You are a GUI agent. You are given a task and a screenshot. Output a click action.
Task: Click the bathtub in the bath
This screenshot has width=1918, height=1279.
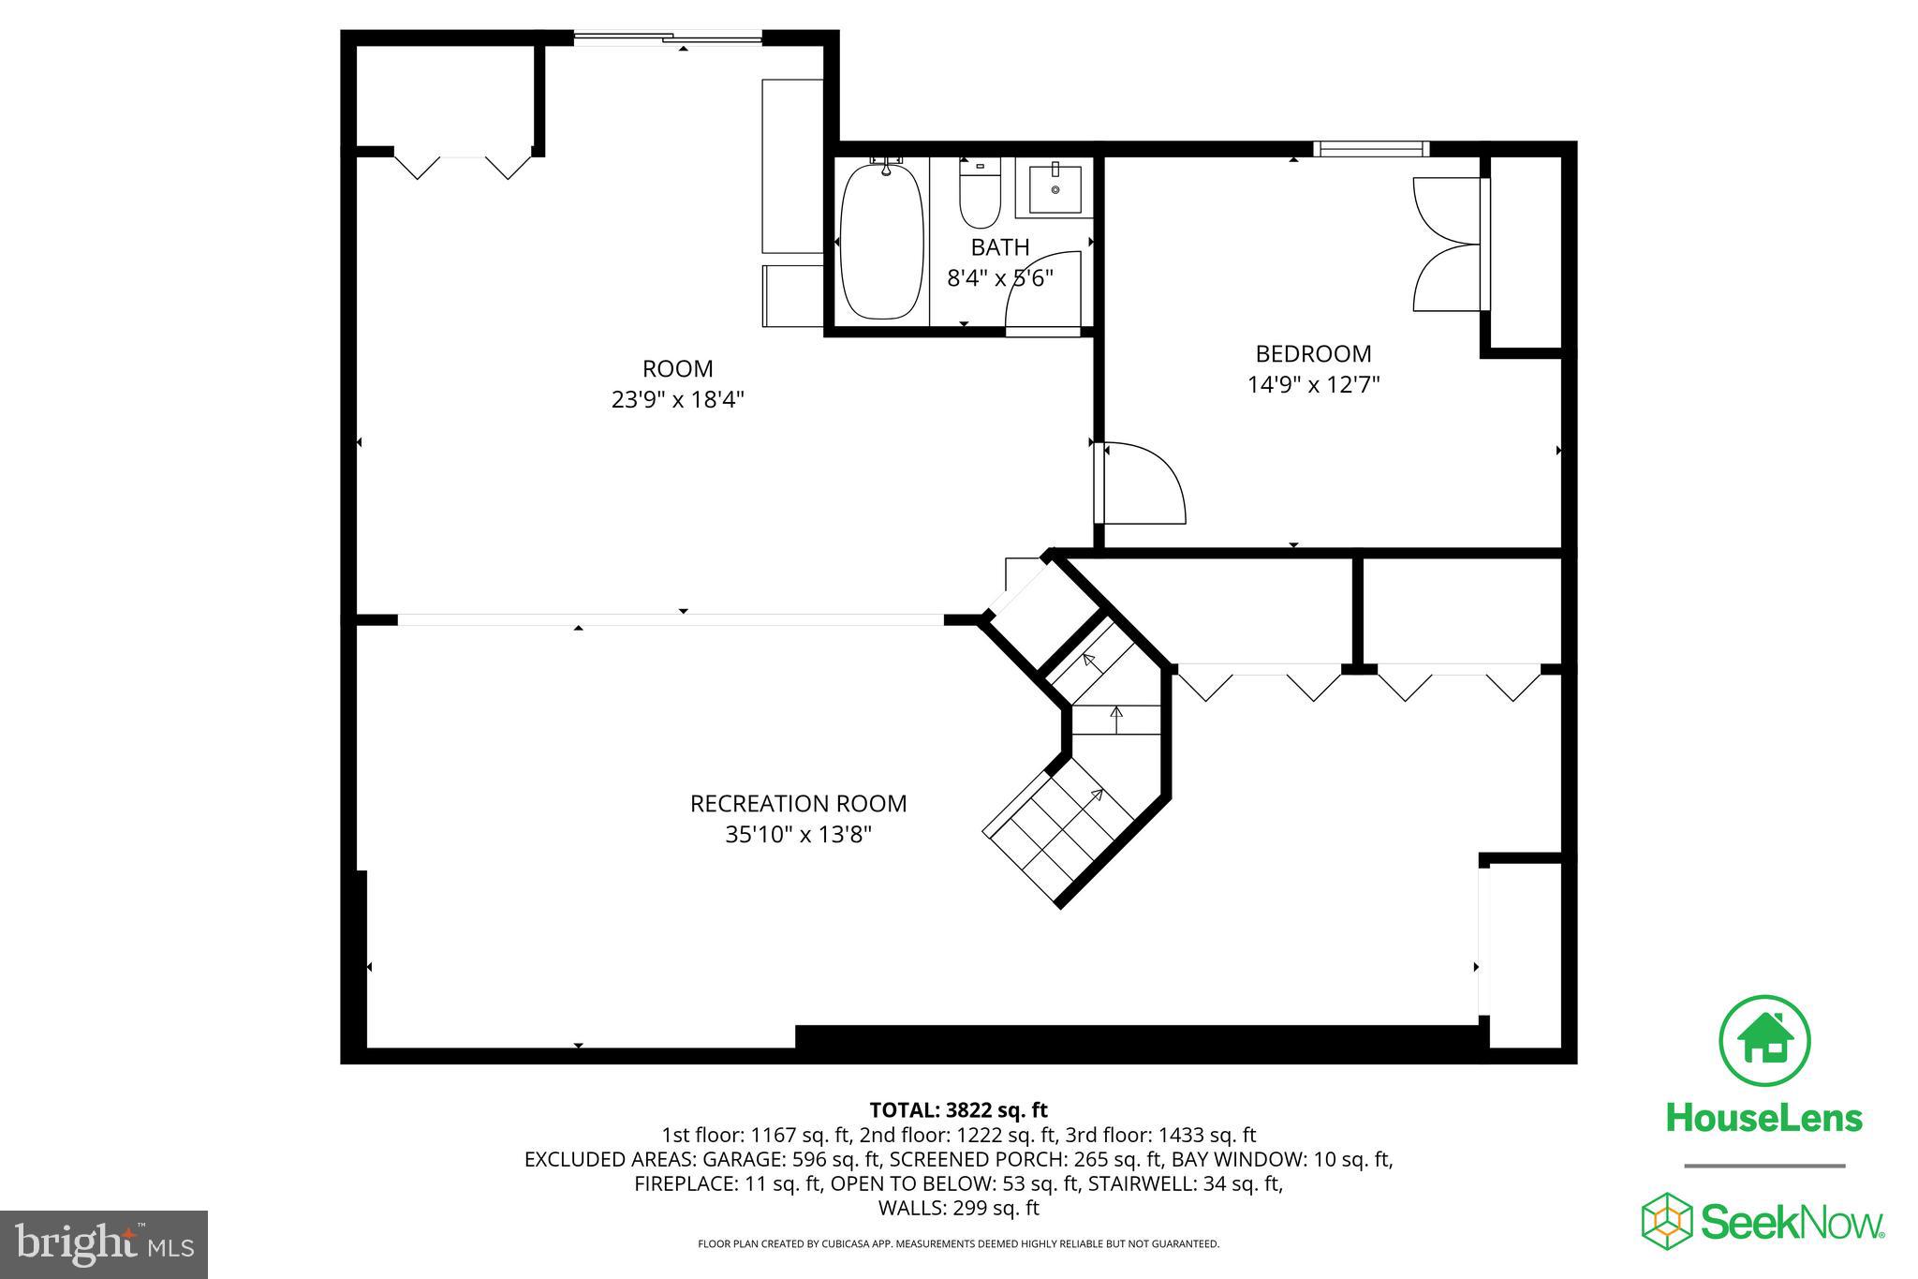(879, 242)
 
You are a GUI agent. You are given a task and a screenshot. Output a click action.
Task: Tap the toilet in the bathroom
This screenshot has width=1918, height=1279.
(980, 195)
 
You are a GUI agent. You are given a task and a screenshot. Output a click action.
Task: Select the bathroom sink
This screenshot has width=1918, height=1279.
(1055, 190)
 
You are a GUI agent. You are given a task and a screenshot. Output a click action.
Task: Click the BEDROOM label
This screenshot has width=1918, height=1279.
(1313, 354)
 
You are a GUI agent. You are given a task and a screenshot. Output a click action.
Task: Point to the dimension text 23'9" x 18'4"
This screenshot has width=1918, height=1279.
(677, 400)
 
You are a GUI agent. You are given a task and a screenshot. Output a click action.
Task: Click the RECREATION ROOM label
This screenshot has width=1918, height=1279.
(798, 804)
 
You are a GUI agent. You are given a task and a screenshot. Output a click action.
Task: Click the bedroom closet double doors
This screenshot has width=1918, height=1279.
(1447, 244)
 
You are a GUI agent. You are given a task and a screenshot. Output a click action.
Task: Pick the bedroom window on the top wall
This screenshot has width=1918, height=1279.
(1370, 148)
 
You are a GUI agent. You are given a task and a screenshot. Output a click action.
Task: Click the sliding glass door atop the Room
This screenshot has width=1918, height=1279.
(668, 38)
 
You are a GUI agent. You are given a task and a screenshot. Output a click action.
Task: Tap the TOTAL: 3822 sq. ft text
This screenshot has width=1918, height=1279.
(958, 1110)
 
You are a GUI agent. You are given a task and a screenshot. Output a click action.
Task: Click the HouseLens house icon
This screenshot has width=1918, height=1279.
(1764, 1041)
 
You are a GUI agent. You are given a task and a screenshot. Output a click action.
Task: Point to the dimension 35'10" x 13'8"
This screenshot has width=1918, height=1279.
(798, 835)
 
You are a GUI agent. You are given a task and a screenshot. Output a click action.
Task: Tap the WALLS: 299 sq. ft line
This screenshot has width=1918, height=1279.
(958, 1209)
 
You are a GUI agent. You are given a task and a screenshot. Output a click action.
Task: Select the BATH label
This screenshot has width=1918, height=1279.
(999, 247)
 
